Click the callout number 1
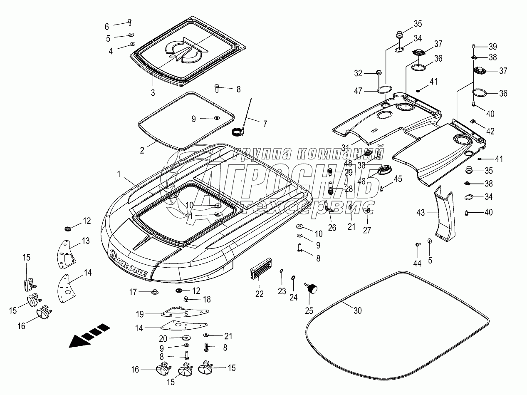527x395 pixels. [119, 174]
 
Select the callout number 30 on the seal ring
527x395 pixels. [357, 311]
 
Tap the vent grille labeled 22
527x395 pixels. [261, 268]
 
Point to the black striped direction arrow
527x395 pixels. [89, 335]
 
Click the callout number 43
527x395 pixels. [421, 213]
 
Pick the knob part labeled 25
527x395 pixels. [311, 288]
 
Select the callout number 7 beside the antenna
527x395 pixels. [265, 124]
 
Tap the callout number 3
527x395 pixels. [153, 93]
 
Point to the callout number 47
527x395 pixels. [358, 91]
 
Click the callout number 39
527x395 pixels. [493, 46]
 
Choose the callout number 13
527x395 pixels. [86, 241]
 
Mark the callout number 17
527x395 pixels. [133, 292]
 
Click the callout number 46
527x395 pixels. [361, 181]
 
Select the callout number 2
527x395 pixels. [142, 150]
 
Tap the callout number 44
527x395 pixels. [417, 263]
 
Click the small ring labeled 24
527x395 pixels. [293, 278]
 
